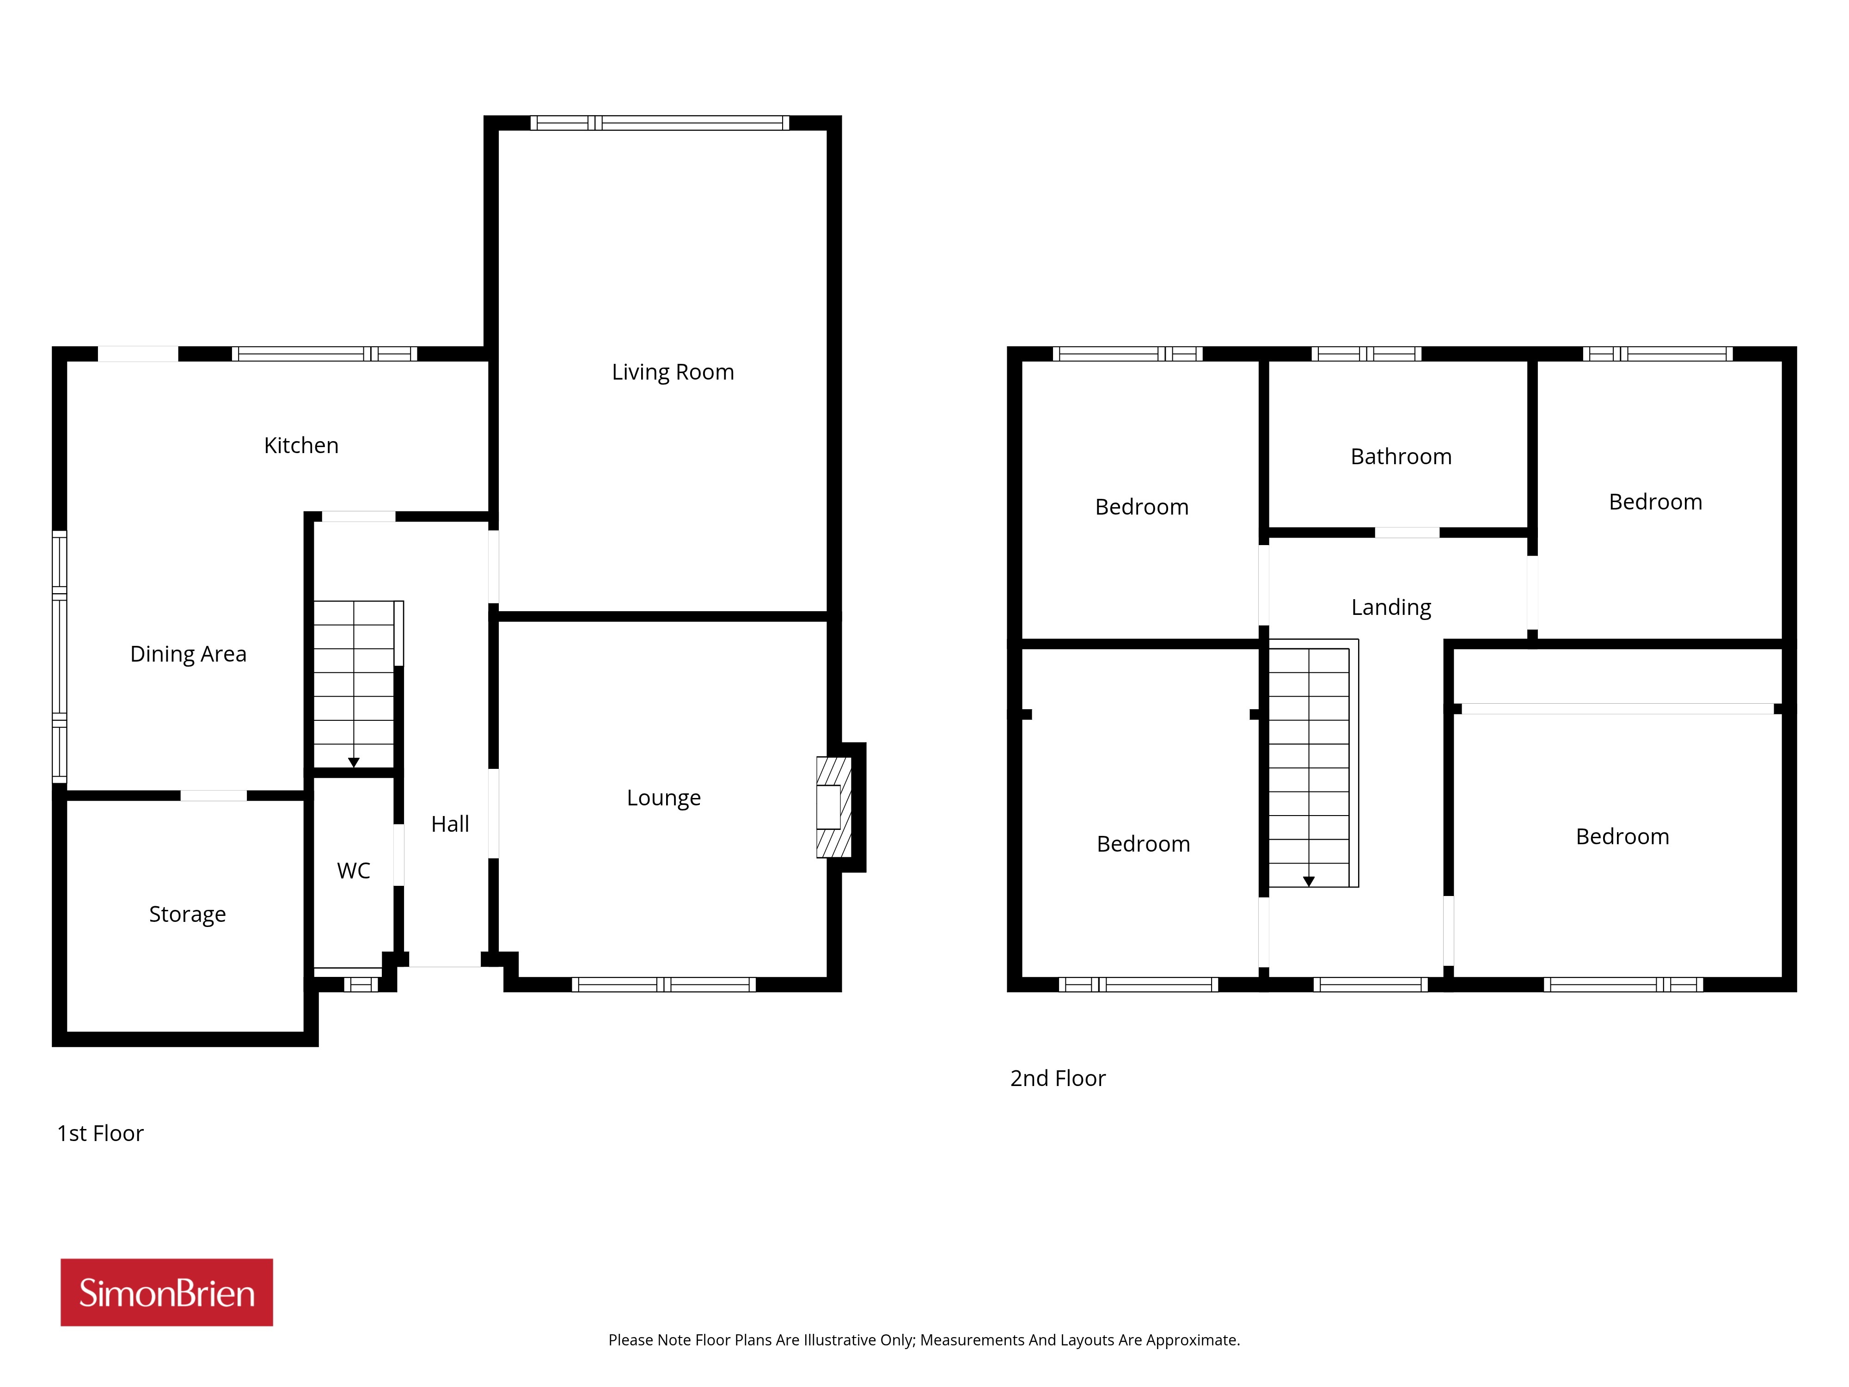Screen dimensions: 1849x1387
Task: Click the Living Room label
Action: pyautogui.click(x=673, y=372)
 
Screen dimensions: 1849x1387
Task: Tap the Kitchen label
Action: pyautogui.click(x=301, y=446)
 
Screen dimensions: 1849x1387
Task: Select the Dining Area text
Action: pyautogui.click(x=188, y=654)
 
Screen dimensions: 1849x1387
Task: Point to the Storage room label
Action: pyautogui.click(x=187, y=914)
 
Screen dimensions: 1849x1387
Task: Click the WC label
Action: pyautogui.click(x=354, y=871)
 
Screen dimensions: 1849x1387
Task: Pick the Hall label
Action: pyautogui.click(x=450, y=824)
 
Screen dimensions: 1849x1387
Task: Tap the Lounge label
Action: pyautogui.click(x=664, y=798)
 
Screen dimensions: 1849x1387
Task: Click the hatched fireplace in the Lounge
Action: pyautogui.click(x=833, y=807)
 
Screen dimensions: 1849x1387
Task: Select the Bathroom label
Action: pyautogui.click(x=1401, y=456)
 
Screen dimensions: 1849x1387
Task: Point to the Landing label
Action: pyautogui.click(x=1391, y=608)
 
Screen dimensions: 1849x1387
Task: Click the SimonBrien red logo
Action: pyautogui.click(x=166, y=1293)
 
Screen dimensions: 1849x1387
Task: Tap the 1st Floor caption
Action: pyautogui.click(x=100, y=1134)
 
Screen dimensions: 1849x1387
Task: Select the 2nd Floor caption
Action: pyautogui.click(x=1058, y=1079)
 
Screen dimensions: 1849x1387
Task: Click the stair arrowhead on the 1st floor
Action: pyautogui.click(x=354, y=762)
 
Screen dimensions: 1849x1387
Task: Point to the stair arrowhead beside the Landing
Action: pyautogui.click(x=1309, y=881)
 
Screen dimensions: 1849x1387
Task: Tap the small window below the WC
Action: pyautogui.click(x=361, y=985)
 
